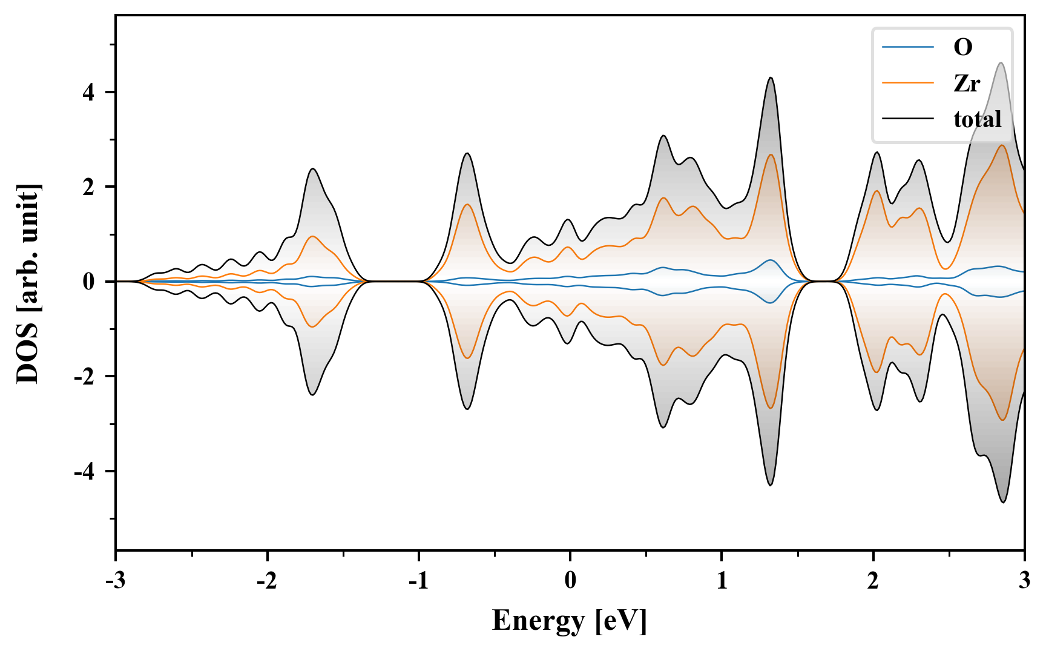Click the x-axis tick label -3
coord(116,581)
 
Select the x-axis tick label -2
coord(267,581)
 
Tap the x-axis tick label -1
coord(418,581)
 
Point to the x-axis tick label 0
coord(570,581)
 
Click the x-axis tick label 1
coord(722,581)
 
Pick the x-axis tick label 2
coord(873,581)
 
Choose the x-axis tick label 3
coord(1024,581)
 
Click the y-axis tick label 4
coord(90,93)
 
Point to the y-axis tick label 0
coord(90,282)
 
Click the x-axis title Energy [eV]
coord(570,621)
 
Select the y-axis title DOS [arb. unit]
coord(28,282)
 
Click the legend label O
coord(962,47)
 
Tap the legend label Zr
coord(966,83)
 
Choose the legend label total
coord(978,119)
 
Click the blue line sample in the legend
coord(907,47)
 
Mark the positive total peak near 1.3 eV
coord(771,78)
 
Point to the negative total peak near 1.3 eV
coord(771,485)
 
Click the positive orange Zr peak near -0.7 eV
coord(467,205)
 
